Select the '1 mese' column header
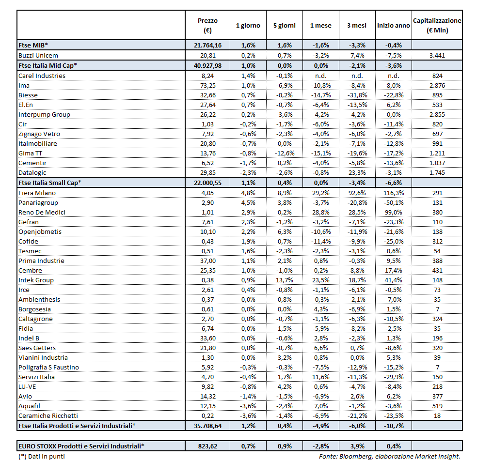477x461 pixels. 320,25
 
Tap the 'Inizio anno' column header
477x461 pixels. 393,25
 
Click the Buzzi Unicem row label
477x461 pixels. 38,56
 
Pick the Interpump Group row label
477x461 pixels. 44,115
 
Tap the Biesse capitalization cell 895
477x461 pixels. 437,95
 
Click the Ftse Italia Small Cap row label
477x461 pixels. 49,183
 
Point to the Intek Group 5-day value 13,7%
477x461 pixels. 283,280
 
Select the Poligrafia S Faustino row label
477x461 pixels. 48,367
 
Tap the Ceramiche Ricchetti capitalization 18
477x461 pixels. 437,415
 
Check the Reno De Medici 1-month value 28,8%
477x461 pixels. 320,212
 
